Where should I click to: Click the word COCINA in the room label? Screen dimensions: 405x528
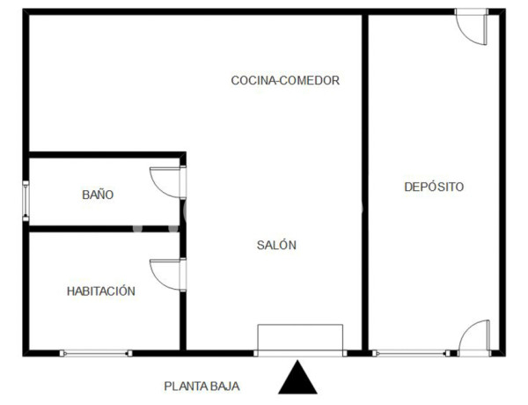click(x=252, y=80)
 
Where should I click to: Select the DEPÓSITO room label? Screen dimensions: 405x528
click(x=434, y=187)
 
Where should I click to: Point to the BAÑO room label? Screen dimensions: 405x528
click(x=98, y=195)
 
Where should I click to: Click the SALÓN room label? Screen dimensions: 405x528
click(x=276, y=246)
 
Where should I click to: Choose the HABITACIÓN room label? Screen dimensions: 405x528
click(x=101, y=291)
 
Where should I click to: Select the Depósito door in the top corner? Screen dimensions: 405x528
click(x=471, y=26)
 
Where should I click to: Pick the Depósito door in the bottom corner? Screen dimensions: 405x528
click(x=473, y=336)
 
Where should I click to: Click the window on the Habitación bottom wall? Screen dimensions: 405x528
click(x=95, y=353)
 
